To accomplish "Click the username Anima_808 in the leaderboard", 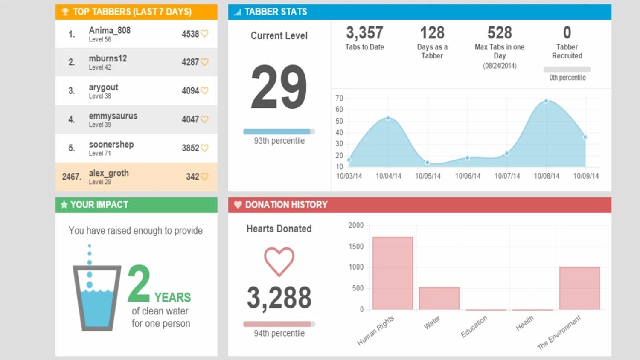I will (x=110, y=30).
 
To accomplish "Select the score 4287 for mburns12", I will (x=190, y=62).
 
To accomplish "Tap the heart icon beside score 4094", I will (x=205, y=90).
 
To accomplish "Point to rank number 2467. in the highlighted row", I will (x=71, y=177).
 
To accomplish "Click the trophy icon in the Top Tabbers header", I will (x=65, y=12).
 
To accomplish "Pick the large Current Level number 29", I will (x=279, y=87).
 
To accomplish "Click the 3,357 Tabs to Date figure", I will (x=364, y=33).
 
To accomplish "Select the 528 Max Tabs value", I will (x=499, y=33).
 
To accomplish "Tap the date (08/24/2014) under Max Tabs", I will (x=499, y=66).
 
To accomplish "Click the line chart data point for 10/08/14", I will (x=546, y=101).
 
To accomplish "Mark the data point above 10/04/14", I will (x=388, y=118).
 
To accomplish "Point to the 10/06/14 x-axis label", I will (x=468, y=176).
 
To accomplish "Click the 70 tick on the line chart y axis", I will (x=339, y=98).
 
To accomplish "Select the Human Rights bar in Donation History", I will (x=393, y=273).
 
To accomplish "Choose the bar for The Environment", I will (x=579, y=288).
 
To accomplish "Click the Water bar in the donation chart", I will (x=439, y=298).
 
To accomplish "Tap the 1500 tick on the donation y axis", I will (x=356, y=246).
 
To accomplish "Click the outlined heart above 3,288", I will (x=279, y=261).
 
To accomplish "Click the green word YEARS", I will (x=172, y=297).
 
